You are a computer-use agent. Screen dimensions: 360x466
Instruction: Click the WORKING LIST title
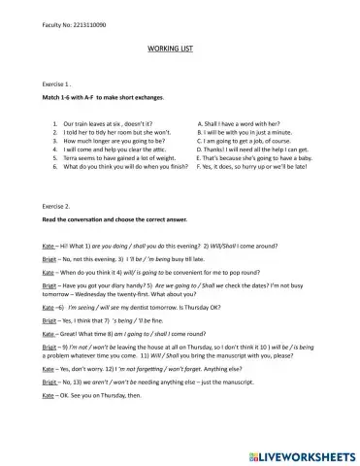pyautogui.click(x=179, y=47)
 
